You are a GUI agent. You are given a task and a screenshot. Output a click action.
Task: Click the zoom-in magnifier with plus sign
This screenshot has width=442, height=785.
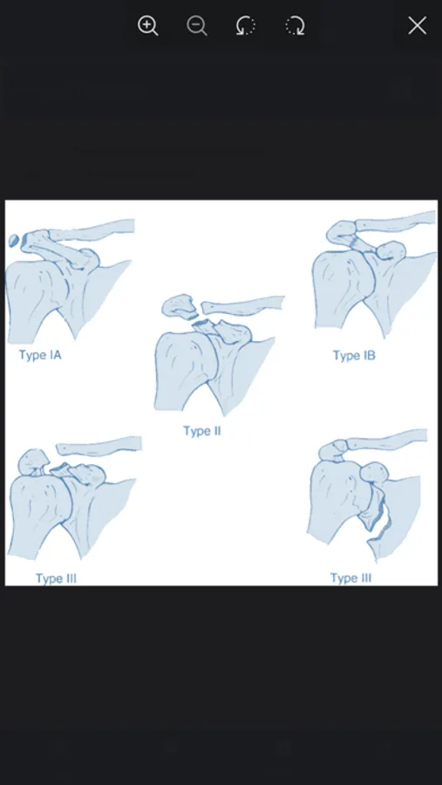(x=147, y=25)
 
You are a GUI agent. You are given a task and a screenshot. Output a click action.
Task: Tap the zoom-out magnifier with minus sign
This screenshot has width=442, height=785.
(x=197, y=25)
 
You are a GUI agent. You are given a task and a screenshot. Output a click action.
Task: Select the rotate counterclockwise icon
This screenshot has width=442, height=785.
(x=246, y=25)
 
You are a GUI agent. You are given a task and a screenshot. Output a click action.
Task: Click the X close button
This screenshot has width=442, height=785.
(x=417, y=25)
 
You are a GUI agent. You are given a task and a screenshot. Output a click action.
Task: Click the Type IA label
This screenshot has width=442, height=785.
(x=40, y=355)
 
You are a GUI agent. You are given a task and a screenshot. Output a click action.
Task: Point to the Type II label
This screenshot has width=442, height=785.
(x=201, y=431)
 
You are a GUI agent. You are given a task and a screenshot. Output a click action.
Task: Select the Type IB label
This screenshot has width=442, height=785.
(x=354, y=356)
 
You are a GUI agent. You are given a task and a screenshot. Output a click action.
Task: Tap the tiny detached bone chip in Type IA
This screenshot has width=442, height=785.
(x=14, y=241)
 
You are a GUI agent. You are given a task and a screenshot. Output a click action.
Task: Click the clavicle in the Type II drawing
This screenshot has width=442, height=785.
(x=243, y=305)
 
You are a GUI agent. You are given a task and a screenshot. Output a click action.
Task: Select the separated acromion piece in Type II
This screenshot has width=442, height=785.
(x=178, y=305)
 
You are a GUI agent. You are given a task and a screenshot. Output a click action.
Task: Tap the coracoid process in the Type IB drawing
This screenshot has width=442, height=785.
(x=391, y=249)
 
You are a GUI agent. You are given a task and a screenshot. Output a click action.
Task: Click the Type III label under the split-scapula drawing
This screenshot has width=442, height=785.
(x=350, y=578)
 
